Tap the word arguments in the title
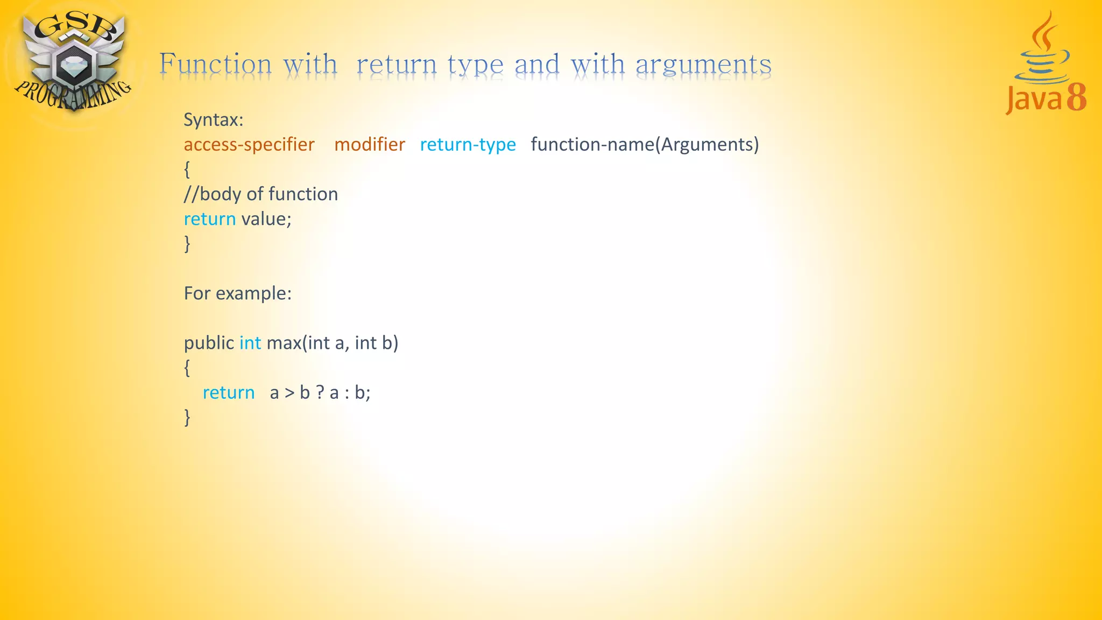[x=703, y=65]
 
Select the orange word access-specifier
[x=249, y=144]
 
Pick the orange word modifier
[x=369, y=144]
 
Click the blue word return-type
[x=468, y=144]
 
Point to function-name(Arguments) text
[x=645, y=144]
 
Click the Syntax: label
[x=213, y=119]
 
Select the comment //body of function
[x=260, y=194]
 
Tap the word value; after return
[x=266, y=219]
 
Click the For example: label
[x=237, y=293]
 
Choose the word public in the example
[x=209, y=343]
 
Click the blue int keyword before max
[x=250, y=343]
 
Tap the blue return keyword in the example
[x=228, y=392]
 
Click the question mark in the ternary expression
[x=320, y=392]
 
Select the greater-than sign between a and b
[x=289, y=393]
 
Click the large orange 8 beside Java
[x=1077, y=97]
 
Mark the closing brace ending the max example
[x=187, y=417]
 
